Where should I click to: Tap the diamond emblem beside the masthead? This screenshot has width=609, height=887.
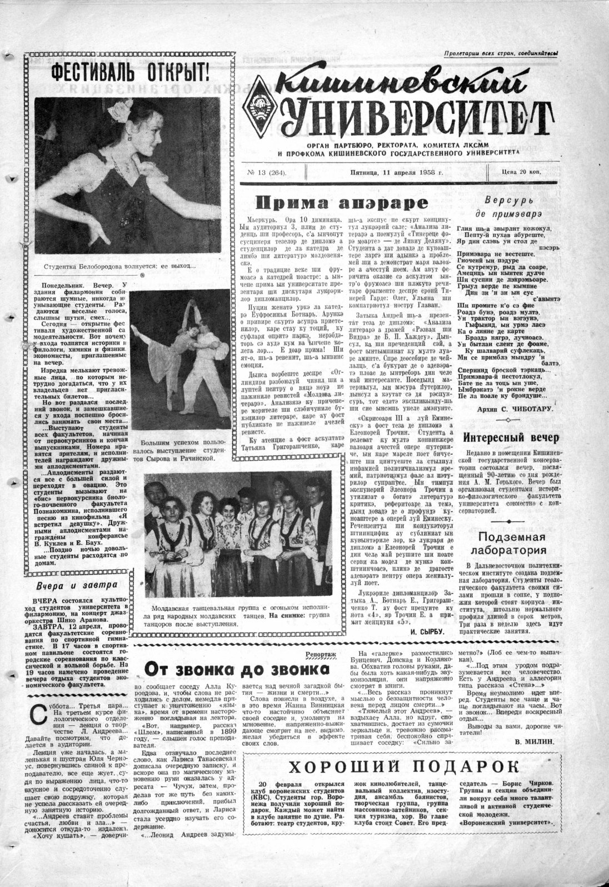click(259, 106)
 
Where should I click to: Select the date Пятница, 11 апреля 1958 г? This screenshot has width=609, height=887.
click(388, 172)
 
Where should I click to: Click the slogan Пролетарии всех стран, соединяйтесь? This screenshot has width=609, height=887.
click(501, 54)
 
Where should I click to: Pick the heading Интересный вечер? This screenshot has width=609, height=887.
click(511, 437)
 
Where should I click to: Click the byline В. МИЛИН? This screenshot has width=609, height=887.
click(537, 740)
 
